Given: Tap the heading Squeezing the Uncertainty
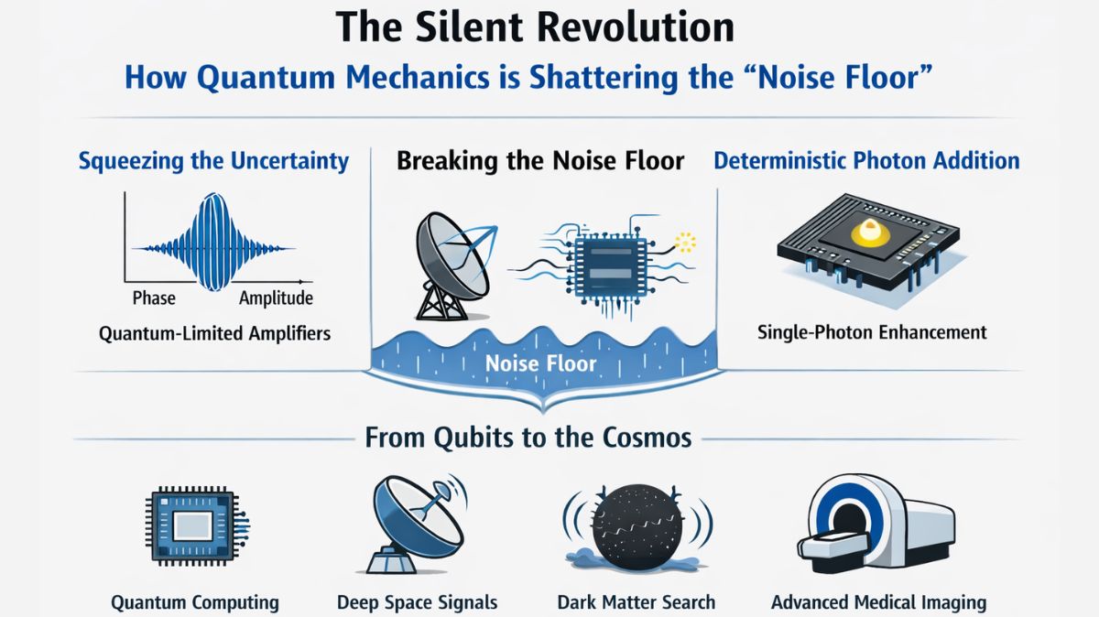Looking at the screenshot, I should click(x=213, y=162).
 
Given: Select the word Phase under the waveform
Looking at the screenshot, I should click(x=154, y=298).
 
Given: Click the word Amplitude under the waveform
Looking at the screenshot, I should click(x=276, y=298).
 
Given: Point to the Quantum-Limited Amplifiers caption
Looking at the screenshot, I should click(x=214, y=333).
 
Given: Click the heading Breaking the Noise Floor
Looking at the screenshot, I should click(x=540, y=162).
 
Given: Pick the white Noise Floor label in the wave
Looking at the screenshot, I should click(x=540, y=363).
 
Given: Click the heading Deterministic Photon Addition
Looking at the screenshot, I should click(x=866, y=162).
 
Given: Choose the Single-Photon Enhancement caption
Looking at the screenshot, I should click(x=872, y=331).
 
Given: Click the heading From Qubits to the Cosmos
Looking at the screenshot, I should click(x=528, y=438).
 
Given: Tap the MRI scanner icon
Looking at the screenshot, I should click(x=875, y=526).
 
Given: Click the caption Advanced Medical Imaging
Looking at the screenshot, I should click(x=878, y=602).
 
